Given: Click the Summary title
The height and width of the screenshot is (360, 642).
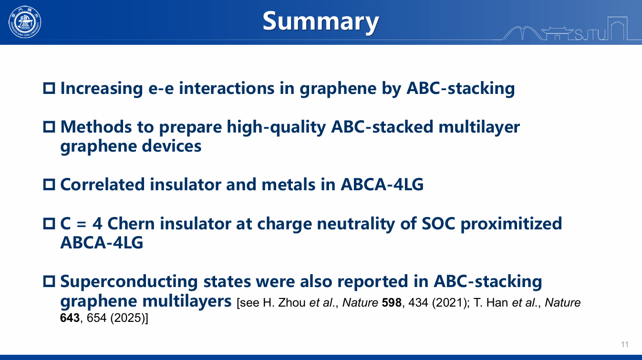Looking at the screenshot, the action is (x=321, y=21).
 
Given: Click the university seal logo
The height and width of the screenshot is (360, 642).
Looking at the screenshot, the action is (x=25, y=22).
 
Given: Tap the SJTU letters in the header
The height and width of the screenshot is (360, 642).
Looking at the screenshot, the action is (x=590, y=35).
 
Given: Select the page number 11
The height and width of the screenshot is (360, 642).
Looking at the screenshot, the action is (x=625, y=344).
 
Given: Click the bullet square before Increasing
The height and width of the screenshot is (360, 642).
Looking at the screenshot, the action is (x=49, y=88).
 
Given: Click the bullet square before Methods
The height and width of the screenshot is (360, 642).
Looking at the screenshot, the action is (x=49, y=127).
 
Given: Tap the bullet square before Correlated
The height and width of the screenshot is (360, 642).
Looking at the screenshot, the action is (x=49, y=185).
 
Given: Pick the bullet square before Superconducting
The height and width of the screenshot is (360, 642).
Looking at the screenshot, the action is (x=49, y=281).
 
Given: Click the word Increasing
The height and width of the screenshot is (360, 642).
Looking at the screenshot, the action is (x=102, y=89).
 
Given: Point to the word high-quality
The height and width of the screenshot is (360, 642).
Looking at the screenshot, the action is (x=276, y=127).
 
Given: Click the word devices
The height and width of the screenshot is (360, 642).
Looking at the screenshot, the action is (x=172, y=146).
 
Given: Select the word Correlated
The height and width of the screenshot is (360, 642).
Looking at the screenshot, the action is (x=103, y=184).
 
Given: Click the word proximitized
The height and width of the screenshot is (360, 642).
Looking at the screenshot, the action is (x=511, y=224).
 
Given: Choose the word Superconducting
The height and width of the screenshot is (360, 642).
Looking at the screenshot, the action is (x=129, y=282).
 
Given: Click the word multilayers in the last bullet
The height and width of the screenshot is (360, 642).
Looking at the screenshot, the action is (x=187, y=301).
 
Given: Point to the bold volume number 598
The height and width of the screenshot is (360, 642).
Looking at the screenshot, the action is (x=392, y=303).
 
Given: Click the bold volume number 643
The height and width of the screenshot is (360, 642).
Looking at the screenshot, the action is (x=70, y=318).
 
